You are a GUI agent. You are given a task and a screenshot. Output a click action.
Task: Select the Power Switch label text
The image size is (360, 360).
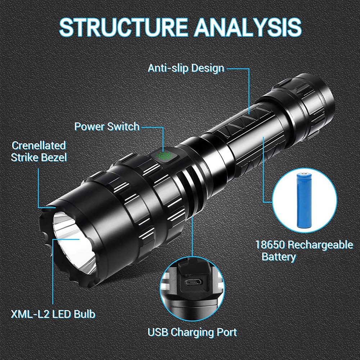click(107, 126)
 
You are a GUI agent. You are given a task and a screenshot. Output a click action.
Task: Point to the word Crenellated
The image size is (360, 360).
click(39, 145)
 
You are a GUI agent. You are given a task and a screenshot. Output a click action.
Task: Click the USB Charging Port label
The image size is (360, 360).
click(193, 332)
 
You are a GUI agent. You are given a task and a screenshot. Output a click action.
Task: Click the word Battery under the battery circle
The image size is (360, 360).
click(279, 257)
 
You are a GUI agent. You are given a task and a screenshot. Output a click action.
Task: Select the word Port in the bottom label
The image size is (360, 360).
click(226, 332)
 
